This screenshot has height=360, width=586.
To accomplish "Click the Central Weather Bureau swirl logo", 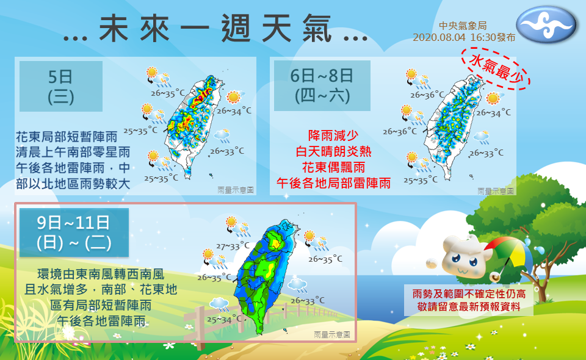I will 547,26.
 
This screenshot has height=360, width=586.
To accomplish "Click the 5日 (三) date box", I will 60,86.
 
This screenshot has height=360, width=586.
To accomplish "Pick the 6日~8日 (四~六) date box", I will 322,86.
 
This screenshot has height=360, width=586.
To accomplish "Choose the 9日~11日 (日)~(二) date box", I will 74,232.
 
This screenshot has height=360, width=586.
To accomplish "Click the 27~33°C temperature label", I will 233,246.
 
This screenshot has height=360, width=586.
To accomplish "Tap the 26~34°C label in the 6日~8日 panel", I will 493,113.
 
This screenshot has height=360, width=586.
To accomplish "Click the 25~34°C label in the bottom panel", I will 224,319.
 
